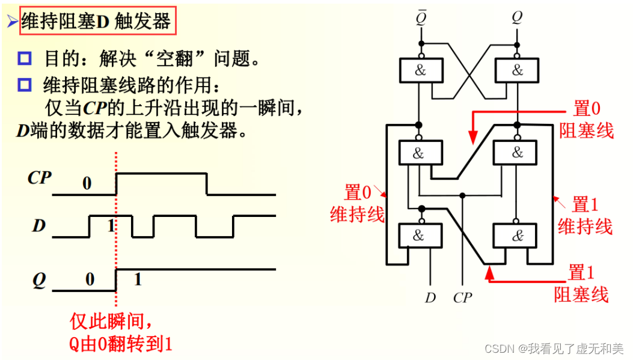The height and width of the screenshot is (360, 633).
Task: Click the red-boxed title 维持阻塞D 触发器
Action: coord(96,22)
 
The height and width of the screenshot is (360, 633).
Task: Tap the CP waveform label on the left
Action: coord(39,178)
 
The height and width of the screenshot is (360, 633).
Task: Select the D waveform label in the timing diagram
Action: coord(39,227)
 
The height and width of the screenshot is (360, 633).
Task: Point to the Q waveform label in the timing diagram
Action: coord(39,281)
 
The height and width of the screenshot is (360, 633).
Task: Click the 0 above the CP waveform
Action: coord(87,183)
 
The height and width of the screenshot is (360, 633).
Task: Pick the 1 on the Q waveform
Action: coord(137,279)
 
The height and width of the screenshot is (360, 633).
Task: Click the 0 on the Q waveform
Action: coord(90,279)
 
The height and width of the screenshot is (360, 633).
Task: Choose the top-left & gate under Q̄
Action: coord(421,70)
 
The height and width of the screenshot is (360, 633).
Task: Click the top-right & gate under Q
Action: coord(517,70)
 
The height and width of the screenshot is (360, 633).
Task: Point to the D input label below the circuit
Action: coord(430,297)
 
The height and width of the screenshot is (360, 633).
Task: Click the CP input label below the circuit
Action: coord(462,297)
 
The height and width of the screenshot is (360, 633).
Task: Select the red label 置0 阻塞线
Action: coord(587,120)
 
